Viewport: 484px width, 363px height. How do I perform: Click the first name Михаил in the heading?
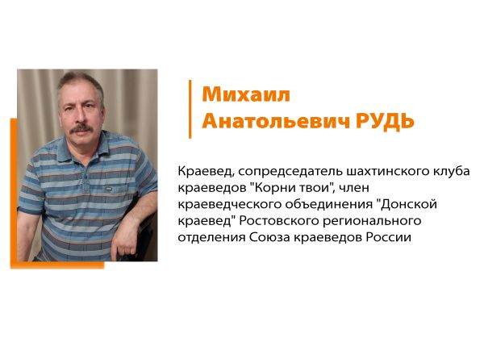246,94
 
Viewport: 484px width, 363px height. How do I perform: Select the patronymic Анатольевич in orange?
276,121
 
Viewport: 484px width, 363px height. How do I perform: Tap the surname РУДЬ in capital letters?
385,122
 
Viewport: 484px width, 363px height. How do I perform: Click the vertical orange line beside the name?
190,109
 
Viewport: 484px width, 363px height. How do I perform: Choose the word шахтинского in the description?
388,171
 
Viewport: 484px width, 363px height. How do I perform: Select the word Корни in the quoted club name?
273,188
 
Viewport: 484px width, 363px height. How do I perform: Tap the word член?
354,188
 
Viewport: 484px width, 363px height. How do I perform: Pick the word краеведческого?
229,205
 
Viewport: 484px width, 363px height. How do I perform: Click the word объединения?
328,205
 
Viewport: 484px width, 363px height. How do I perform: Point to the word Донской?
408,204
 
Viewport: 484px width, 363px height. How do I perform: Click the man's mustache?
81,128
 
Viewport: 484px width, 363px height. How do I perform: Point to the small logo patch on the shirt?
108,188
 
